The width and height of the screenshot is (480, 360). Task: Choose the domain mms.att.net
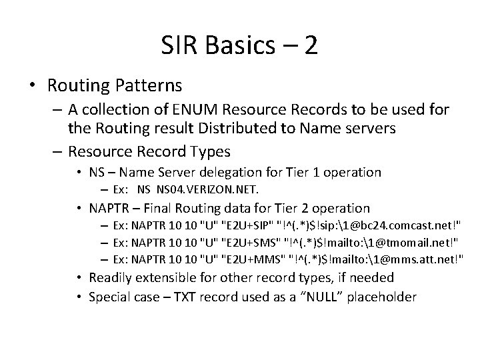coord(421,259)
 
